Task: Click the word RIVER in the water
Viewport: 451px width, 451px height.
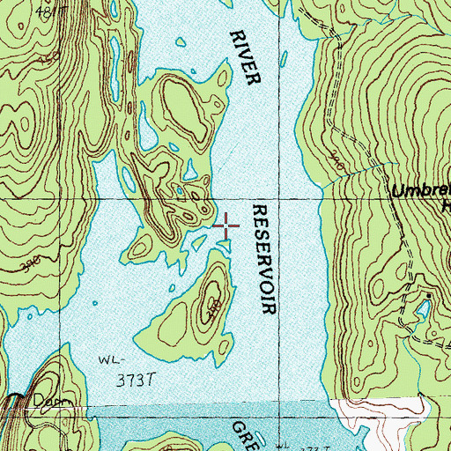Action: [x=246, y=57]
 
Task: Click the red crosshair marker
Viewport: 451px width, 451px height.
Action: [x=226, y=226]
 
